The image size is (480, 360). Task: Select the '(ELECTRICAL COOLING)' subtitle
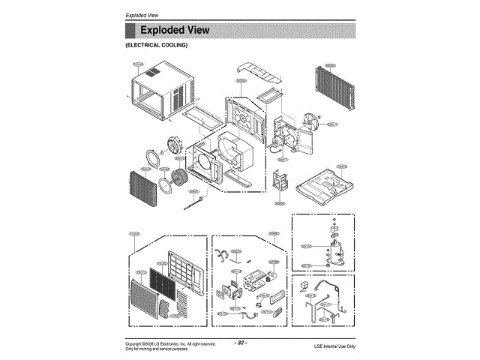tap(156, 46)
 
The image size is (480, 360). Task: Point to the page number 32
tap(241, 343)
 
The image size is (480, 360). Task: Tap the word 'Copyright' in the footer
tap(134, 343)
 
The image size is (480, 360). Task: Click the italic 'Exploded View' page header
tap(143, 16)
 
